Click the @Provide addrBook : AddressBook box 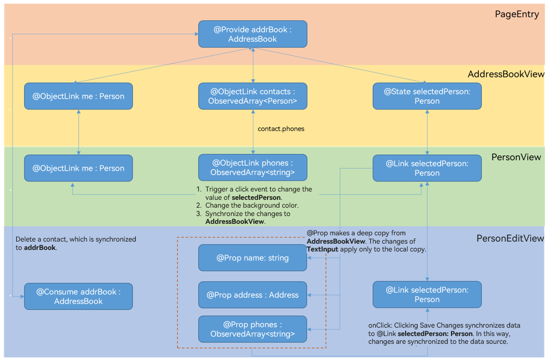252,34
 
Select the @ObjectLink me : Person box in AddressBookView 78,96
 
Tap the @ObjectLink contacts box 252,96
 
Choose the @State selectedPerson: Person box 427,96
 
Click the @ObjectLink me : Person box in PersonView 78,168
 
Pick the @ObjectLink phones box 252,167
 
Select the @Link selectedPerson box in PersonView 427,168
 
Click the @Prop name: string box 252,258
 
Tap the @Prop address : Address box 252,295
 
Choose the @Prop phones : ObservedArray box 252,329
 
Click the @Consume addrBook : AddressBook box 78,296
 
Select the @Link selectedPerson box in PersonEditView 427,294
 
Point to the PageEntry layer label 517,15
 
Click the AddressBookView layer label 506,74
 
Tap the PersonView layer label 516,157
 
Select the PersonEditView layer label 510,238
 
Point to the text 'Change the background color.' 252,206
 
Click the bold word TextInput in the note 322,249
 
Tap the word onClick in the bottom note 380,325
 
